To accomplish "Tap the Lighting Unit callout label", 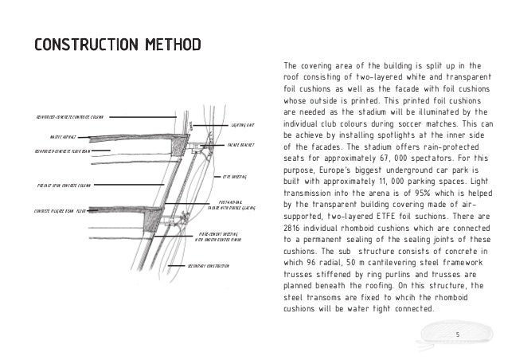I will pyautogui.click(x=243, y=125).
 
